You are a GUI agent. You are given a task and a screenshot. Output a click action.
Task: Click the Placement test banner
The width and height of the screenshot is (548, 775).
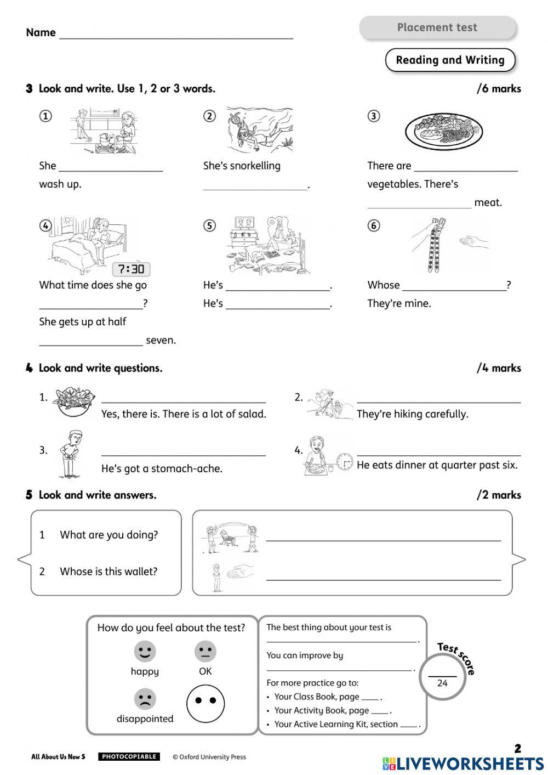(437, 27)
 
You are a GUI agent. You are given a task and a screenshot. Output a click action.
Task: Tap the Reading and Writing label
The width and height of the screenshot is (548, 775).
(450, 60)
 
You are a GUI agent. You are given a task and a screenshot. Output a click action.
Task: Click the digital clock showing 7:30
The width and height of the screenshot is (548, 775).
(132, 269)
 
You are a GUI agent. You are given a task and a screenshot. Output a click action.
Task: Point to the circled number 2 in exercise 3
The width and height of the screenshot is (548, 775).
(210, 116)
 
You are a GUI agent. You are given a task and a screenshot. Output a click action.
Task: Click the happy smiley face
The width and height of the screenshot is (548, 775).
(145, 652)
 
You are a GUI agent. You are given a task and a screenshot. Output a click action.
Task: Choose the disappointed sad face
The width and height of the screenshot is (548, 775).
(145, 699)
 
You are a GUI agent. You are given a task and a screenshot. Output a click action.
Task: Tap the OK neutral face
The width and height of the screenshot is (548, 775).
(205, 652)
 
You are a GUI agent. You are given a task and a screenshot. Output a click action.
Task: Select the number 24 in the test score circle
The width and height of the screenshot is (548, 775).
(442, 683)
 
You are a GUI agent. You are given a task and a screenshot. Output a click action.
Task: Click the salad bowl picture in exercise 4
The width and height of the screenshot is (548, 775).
(74, 401)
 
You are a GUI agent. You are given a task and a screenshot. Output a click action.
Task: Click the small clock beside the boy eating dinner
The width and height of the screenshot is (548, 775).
(345, 462)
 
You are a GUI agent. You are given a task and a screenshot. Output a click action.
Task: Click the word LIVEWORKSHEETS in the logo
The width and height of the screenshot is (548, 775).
(470, 763)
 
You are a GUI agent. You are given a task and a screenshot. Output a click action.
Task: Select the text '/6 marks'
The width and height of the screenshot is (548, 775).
(499, 89)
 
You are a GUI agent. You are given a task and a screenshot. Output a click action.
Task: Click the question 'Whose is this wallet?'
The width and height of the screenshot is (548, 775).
(109, 572)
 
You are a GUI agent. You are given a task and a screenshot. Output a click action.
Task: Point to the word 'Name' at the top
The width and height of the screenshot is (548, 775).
(41, 32)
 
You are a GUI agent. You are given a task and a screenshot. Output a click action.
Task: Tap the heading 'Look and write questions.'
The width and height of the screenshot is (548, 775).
(100, 368)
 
